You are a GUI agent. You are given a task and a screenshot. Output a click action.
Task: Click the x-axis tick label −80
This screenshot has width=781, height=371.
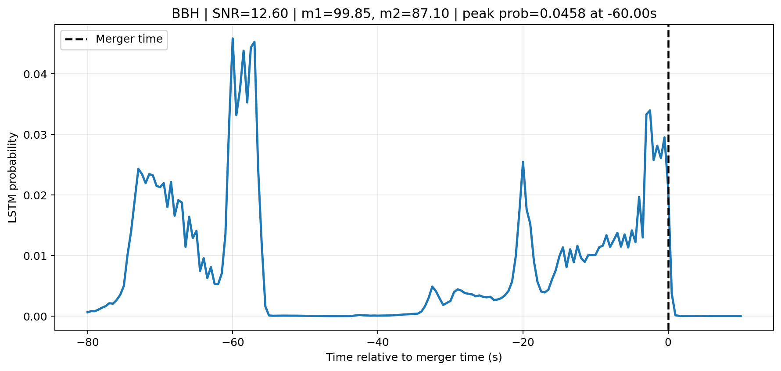click(87, 342)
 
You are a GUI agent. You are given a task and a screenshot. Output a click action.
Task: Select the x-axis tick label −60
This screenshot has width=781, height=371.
click(233, 342)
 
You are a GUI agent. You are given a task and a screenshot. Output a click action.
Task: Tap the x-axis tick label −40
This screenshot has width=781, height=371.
click(378, 342)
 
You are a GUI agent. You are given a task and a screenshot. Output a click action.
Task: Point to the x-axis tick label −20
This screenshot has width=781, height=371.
click(523, 342)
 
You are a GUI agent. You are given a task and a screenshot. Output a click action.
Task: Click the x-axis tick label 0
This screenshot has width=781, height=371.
click(668, 342)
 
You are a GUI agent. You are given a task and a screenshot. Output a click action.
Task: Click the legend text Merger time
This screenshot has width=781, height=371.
click(129, 39)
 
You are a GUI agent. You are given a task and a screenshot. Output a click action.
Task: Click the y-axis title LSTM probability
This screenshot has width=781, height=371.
click(13, 177)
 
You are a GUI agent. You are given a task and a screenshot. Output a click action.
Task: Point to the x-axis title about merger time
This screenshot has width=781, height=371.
click(414, 357)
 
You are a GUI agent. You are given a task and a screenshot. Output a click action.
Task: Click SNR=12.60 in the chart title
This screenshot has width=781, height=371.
click(250, 14)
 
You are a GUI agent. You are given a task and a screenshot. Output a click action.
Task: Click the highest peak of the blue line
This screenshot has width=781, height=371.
click(233, 39)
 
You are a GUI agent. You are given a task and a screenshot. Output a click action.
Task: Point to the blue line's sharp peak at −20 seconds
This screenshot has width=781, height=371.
click(523, 162)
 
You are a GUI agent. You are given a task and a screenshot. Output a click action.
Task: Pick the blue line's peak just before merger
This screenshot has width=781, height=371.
click(650, 111)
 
